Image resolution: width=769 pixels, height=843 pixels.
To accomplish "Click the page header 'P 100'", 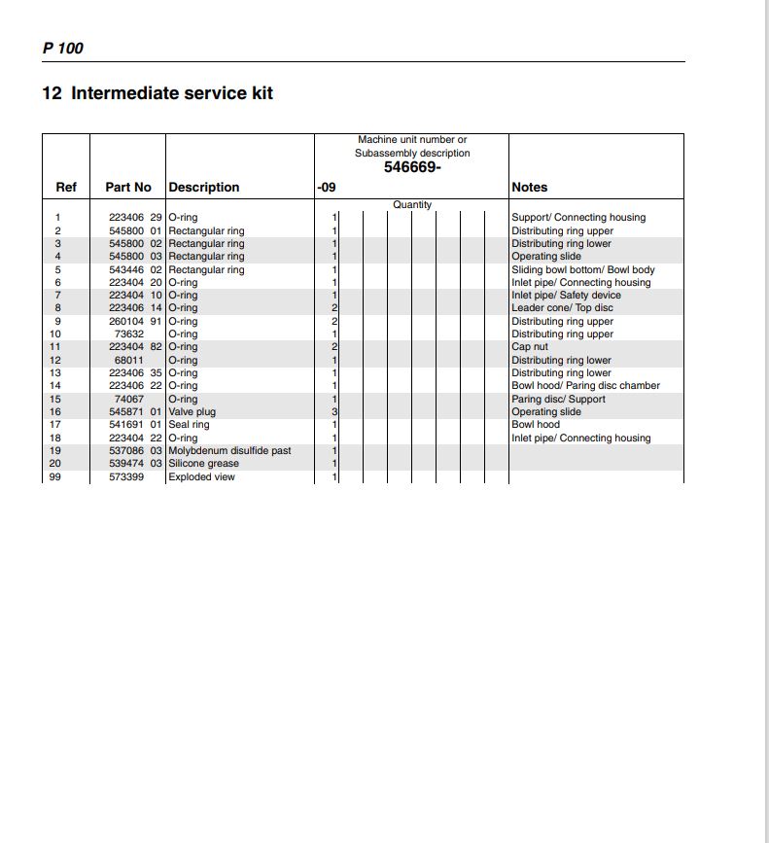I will [x=63, y=48].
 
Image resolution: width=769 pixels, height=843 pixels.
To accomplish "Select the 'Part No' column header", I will [x=128, y=187].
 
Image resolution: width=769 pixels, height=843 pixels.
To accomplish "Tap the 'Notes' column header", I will [x=529, y=187].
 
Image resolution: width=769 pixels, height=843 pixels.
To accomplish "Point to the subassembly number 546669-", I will [x=412, y=167].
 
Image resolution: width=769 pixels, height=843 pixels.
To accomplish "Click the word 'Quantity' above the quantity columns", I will [x=412, y=205].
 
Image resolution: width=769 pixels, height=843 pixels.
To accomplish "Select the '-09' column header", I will [x=327, y=187].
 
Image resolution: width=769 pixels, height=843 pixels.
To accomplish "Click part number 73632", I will [x=129, y=334].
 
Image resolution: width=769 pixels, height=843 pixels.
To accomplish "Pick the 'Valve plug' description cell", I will [x=192, y=411].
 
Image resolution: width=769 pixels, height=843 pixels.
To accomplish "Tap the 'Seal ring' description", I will [x=189, y=425].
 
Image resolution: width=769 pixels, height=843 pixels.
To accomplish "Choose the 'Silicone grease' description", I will [x=203, y=464].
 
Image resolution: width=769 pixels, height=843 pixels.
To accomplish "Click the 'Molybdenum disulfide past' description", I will [x=229, y=451].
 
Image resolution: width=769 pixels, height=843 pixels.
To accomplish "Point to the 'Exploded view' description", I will [x=201, y=477].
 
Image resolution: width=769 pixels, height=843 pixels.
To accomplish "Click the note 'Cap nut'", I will [x=531, y=347].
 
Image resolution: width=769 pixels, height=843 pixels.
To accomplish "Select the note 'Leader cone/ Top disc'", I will [x=562, y=308].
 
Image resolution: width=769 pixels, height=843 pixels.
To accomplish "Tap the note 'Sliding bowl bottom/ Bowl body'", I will [x=583, y=269].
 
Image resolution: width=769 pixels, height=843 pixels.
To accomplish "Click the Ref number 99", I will [x=57, y=477].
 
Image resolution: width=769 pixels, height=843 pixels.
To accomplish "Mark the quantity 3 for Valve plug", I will [x=334, y=412].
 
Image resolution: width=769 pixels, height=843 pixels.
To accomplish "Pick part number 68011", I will [x=129, y=361].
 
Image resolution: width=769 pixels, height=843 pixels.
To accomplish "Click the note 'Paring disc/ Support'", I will [x=558, y=400].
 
